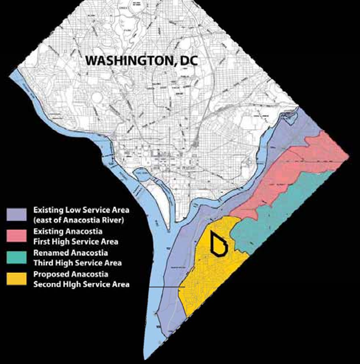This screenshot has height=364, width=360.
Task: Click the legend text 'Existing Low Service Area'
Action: [81, 210]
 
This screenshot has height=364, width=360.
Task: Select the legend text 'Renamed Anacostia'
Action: [71, 253]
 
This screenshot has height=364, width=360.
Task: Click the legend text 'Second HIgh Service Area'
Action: [81, 284]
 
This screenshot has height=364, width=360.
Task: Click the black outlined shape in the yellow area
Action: [218, 242]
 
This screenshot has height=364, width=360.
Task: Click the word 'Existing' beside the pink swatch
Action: [48, 232]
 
